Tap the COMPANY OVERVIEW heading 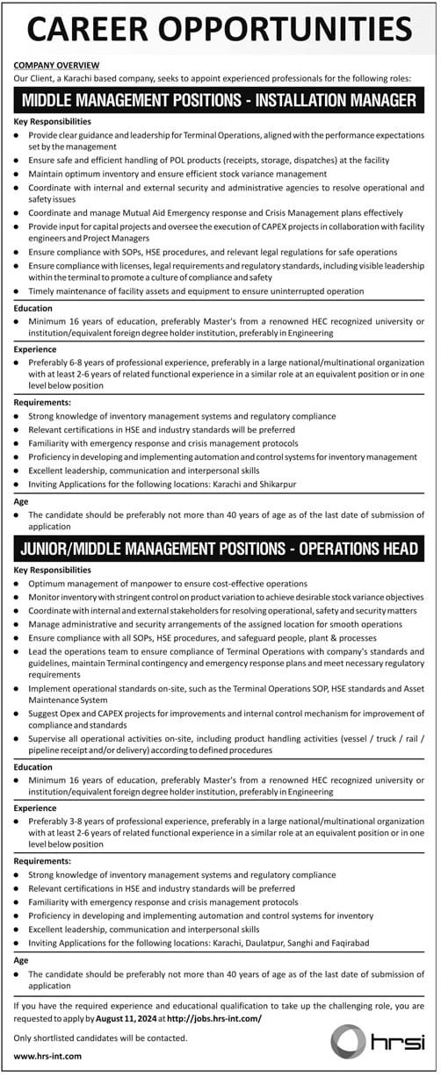[x=57, y=66]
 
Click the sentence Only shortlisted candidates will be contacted [x=101, y=1038]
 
